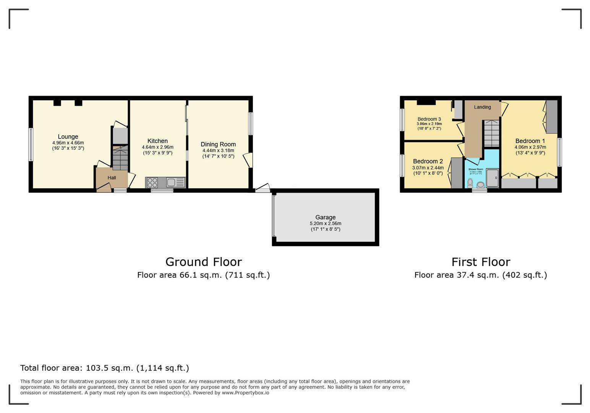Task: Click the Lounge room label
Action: point(68,137)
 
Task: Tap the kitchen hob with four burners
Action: point(152,183)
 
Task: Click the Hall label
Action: point(112,178)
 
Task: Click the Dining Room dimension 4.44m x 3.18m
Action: point(218,151)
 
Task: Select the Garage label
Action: point(325,217)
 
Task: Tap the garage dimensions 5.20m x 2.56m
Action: point(325,224)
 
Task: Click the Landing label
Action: point(482,107)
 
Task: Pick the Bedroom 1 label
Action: point(530,141)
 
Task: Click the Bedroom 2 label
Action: point(428,161)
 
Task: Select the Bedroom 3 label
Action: point(429,119)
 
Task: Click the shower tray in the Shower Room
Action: point(493,178)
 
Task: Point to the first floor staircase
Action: point(491,133)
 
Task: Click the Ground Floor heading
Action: point(203,262)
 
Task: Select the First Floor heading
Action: point(481,262)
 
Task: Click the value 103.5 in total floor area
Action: point(96,368)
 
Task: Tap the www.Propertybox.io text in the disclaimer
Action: point(245,393)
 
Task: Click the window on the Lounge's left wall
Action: point(31,144)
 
